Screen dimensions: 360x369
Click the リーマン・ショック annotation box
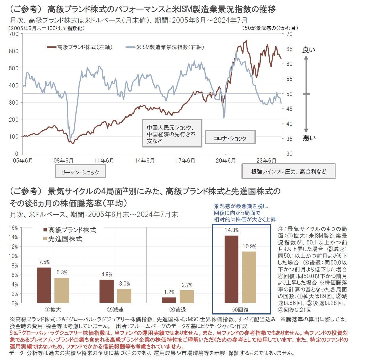click(80, 172)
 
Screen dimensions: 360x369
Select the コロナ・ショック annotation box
click(230, 138)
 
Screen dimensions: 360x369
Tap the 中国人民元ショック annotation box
click(172, 133)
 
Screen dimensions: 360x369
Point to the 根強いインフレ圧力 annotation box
click(288, 171)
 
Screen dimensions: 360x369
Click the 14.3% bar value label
click(231, 230)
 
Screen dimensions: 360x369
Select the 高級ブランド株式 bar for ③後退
click(169, 300)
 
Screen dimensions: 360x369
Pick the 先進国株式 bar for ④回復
click(249, 277)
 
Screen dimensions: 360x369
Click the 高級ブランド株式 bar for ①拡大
click(44, 285)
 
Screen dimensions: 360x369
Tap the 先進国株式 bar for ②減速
click(124, 296)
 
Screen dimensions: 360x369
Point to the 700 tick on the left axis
click(14, 34)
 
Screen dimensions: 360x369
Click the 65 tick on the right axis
click(289, 49)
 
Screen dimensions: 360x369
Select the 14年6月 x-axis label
click(144, 160)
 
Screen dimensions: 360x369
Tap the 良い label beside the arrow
click(309, 50)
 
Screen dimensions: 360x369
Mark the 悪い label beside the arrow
click(309, 138)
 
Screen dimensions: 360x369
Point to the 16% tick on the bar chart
click(14, 228)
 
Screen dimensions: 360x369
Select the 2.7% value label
click(187, 285)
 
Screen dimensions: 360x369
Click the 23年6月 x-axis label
click(266, 160)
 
